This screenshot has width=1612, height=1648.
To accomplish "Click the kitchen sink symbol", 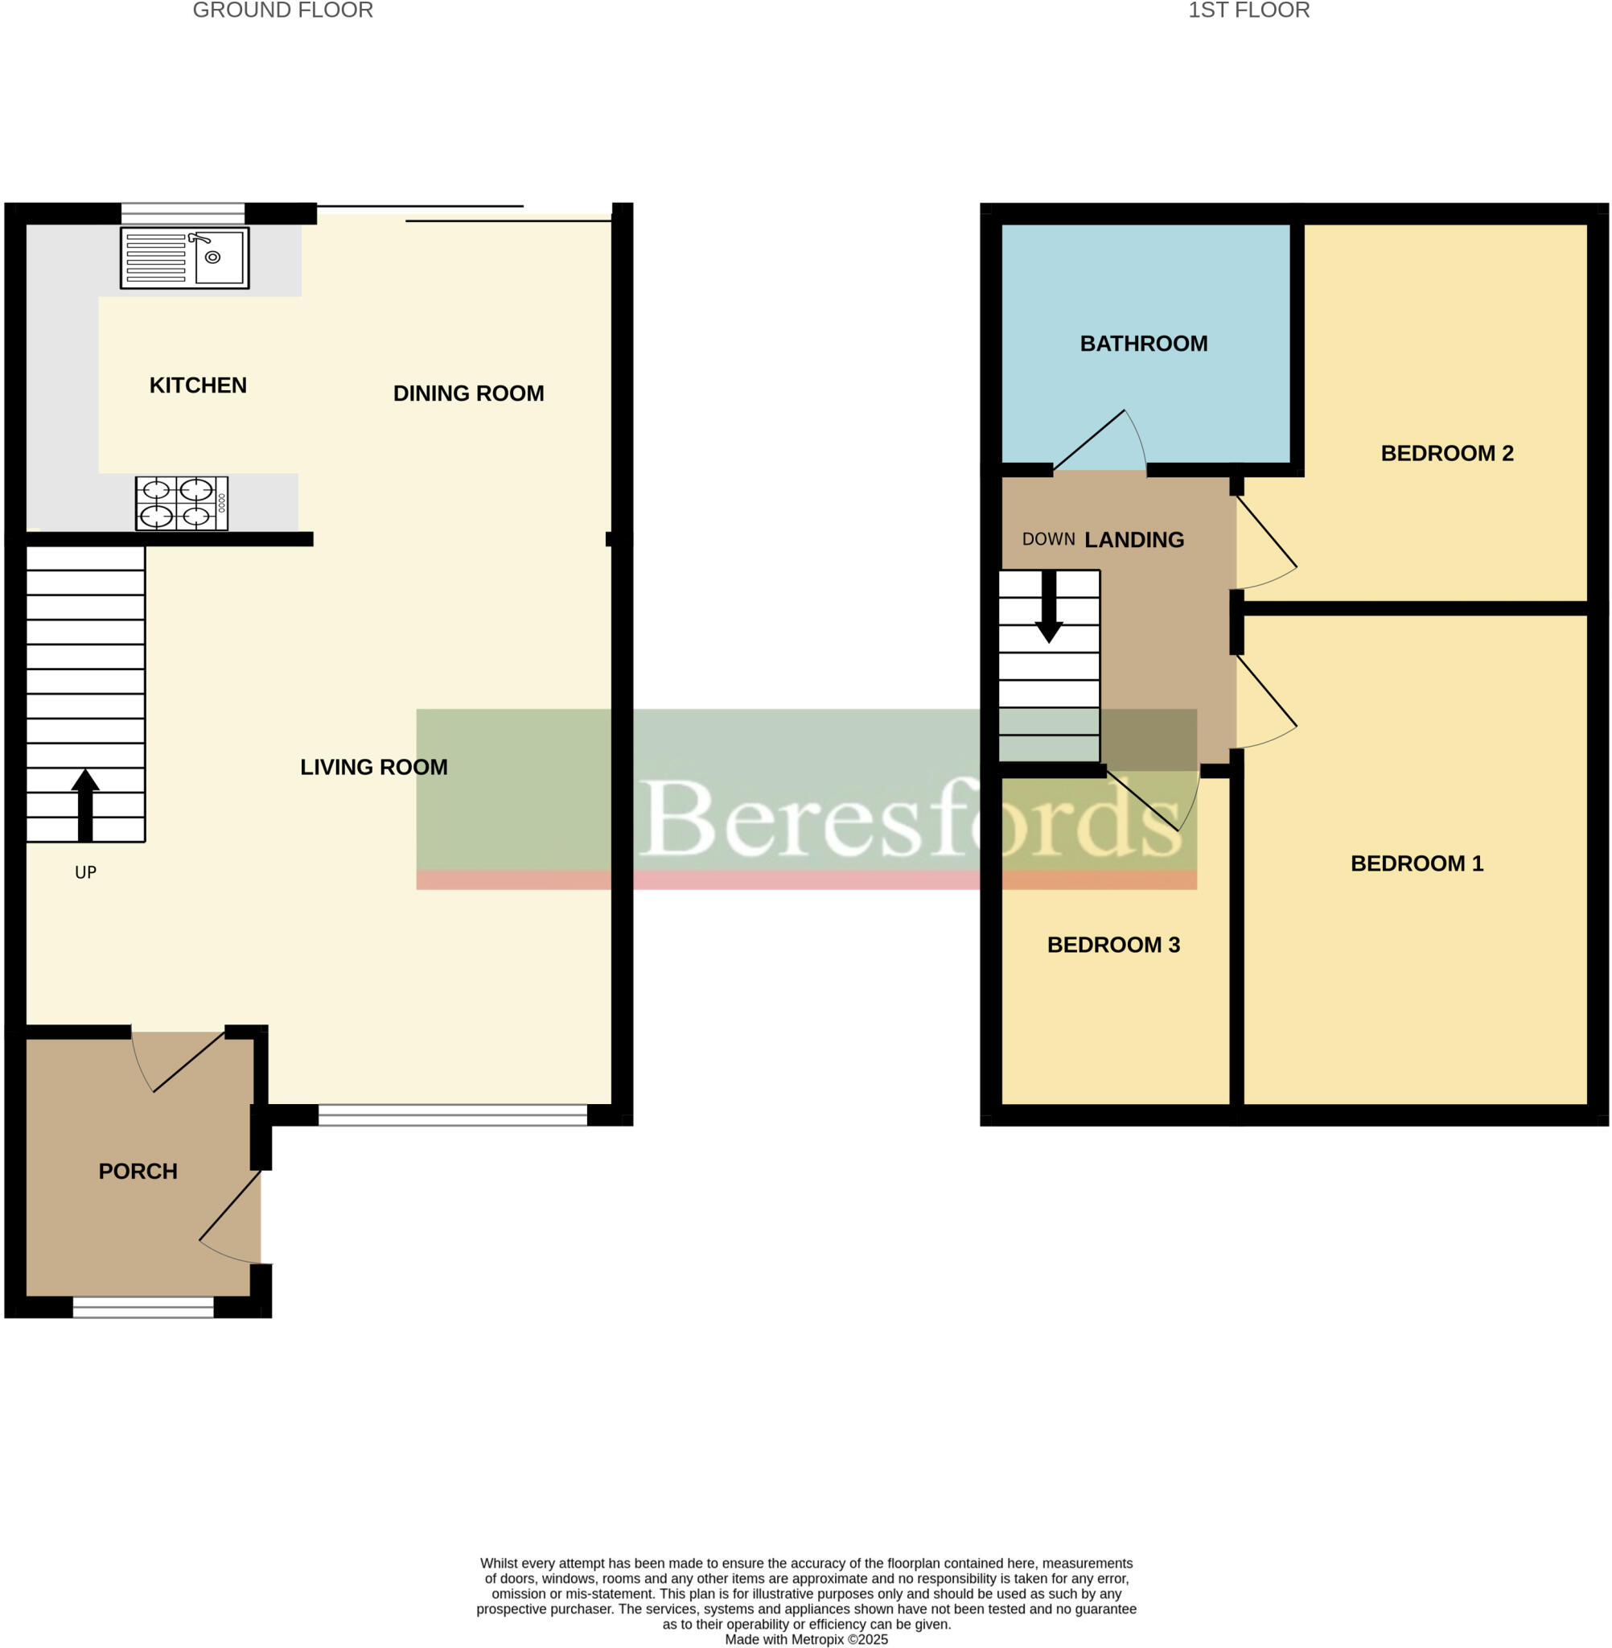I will tap(184, 257).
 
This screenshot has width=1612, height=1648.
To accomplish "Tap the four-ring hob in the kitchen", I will tap(181, 504).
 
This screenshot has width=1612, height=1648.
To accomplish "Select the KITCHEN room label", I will tap(198, 385).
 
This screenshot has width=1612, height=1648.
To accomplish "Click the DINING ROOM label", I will tap(468, 393).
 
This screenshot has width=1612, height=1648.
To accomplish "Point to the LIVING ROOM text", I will tap(373, 767).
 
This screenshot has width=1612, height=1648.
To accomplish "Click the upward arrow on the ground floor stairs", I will tap(84, 805).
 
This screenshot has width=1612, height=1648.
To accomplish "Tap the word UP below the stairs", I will tap(85, 873).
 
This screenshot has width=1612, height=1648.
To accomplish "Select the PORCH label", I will tap(138, 1171).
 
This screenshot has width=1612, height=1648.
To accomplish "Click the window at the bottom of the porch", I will tap(143, 1308).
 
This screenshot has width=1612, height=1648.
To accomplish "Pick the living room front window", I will tap(452, 1115).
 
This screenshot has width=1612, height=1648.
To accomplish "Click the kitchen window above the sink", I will tap(182, 212).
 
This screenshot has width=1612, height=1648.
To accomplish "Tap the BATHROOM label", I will tap(1144, 344).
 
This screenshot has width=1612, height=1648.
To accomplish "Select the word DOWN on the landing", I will tap(1048, 539).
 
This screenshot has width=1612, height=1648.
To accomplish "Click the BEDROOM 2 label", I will tap(1447, 453).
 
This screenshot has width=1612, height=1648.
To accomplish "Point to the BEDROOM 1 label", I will tap(1417, 863).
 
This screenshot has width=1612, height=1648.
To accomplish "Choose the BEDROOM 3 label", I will tap(1113, 945).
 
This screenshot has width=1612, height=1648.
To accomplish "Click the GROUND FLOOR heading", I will tap(283, 11).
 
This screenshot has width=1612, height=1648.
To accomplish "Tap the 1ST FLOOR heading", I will tap(1248, 11).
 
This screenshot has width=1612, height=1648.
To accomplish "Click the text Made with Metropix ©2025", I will tap(806, 1639).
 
